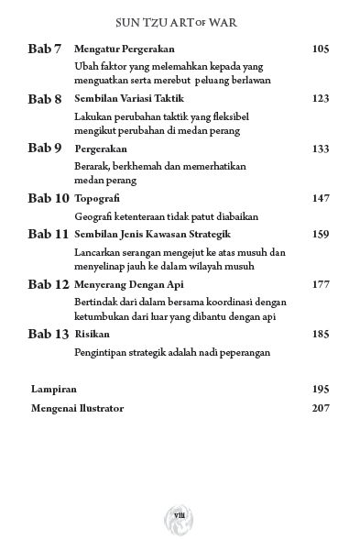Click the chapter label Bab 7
tap(44, 49)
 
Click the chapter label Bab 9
tap(44, 148)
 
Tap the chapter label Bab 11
tap(48, 234)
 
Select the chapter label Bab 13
tap(48, 334)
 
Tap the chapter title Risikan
tap(92, 335)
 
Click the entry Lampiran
tap(52, 389)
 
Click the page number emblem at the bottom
tap(180, 515)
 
